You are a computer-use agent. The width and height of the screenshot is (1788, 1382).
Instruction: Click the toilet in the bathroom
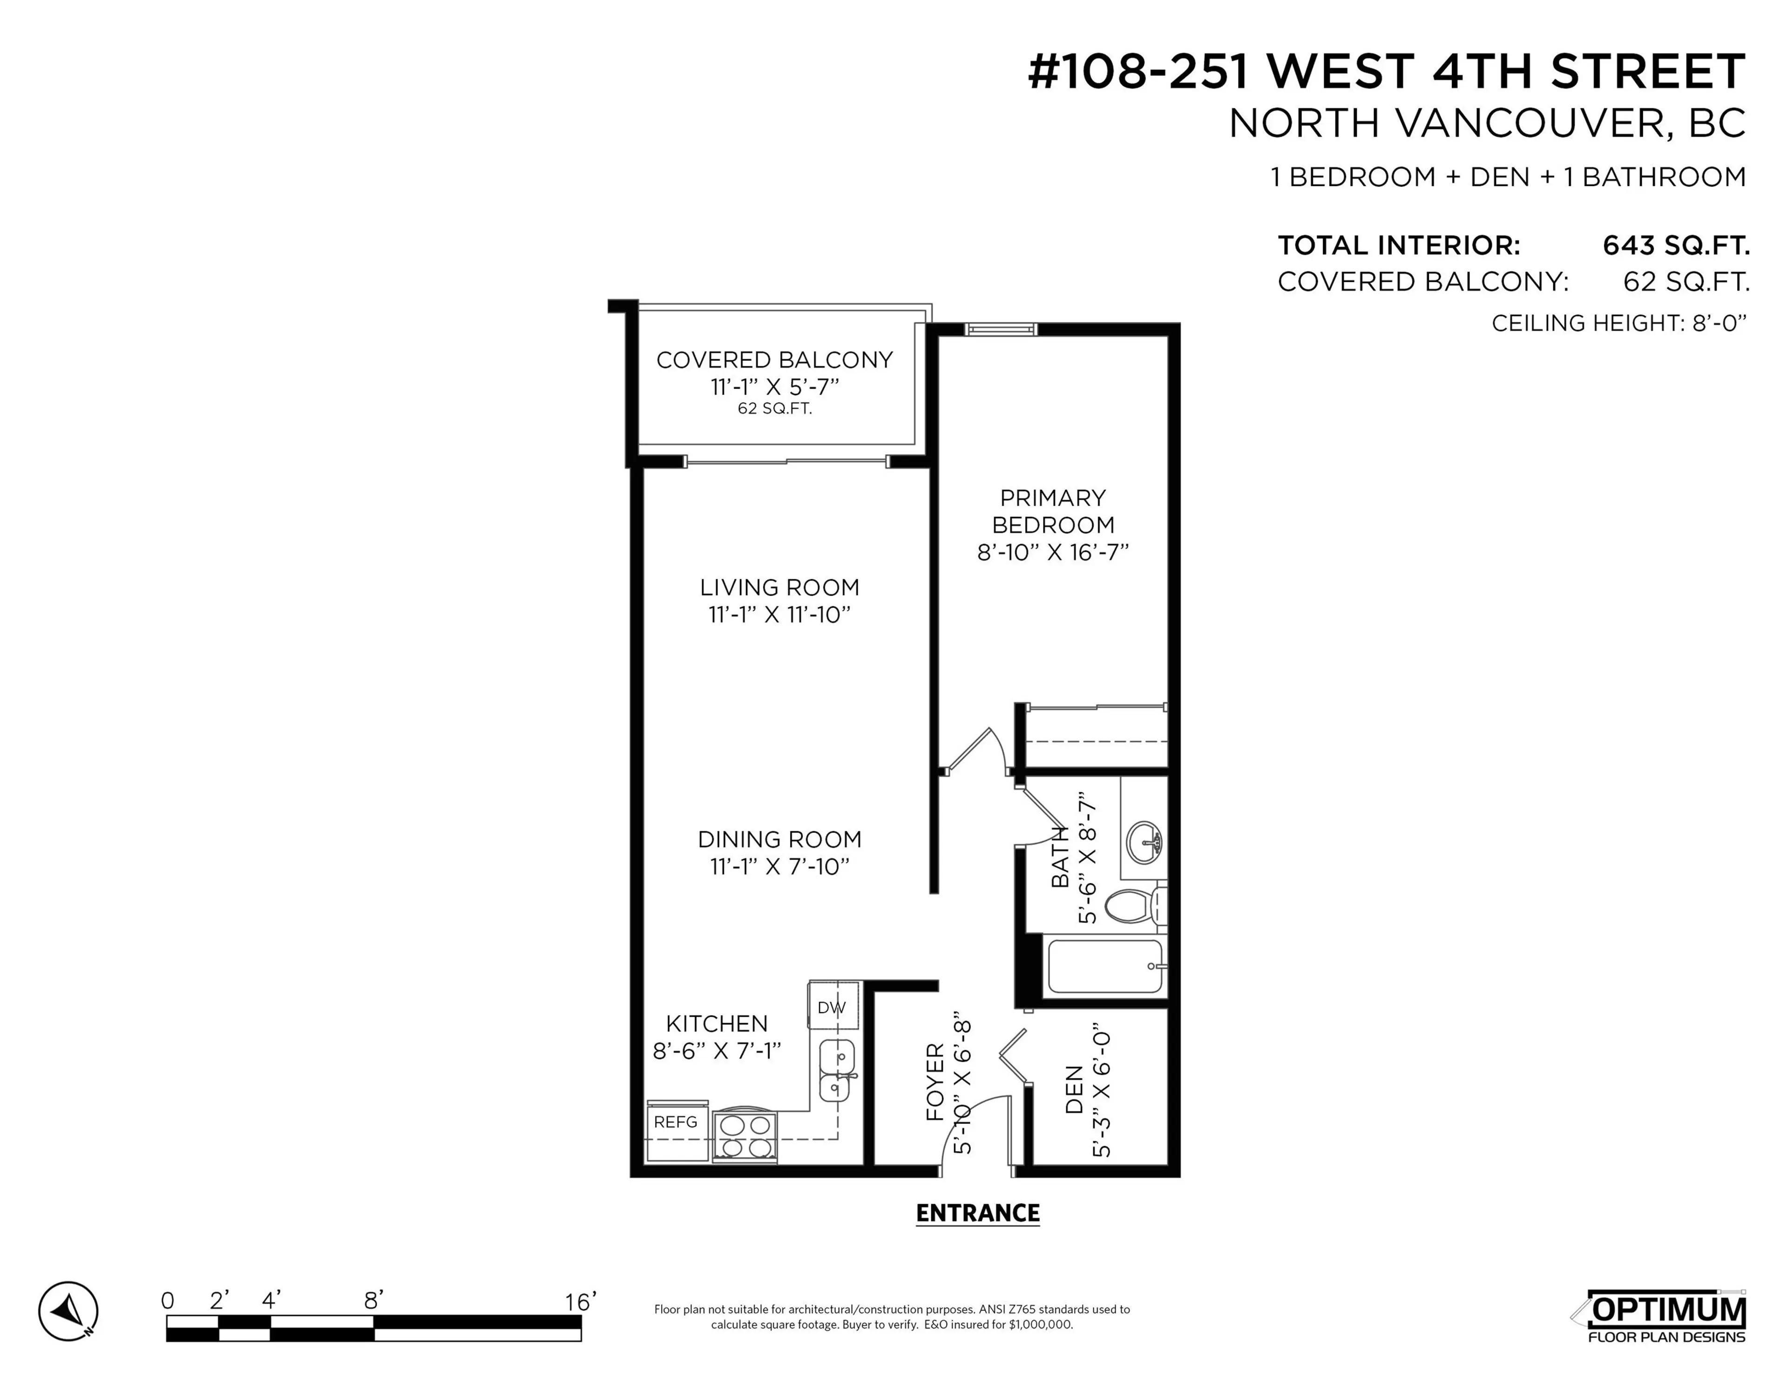1134,906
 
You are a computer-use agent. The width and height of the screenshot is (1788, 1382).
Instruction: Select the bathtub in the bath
1105,966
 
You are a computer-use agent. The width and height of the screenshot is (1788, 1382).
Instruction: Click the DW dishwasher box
832,1008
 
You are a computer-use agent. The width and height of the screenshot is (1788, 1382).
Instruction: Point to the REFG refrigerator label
676,1122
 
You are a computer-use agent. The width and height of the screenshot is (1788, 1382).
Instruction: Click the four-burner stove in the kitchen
744,1137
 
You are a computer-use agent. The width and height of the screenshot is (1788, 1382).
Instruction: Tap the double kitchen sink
837,1071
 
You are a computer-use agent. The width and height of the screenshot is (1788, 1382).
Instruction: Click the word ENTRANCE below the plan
977,1213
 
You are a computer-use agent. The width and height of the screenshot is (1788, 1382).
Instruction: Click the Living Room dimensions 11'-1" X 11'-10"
779,615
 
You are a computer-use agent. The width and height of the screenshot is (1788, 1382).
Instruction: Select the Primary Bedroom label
1053,511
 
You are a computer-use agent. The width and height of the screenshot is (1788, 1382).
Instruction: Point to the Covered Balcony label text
774,360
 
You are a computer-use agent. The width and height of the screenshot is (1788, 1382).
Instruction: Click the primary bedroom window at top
1001,329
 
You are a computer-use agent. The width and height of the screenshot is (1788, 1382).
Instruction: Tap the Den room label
1074,1089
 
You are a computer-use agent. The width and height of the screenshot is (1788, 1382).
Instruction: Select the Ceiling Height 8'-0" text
1619,324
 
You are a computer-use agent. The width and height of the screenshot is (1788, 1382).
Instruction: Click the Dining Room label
779,839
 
